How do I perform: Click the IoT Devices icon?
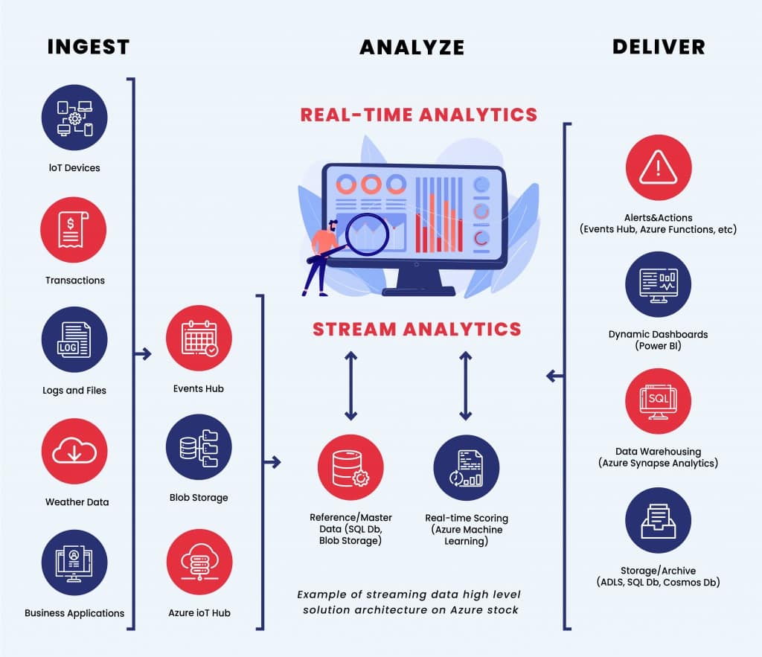tap(74, 118)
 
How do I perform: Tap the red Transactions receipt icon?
tap(74, 229)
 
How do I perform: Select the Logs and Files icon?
tap(74, 340)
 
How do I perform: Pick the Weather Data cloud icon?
tap(74, 452)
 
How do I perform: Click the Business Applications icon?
tap(74, 563)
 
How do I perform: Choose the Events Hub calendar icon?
tap(199, 339)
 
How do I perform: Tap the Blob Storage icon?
tap(199, 447)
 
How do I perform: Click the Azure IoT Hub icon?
tap(199, 563)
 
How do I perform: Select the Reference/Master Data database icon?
tap(350, 467)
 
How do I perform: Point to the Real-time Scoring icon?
tap(467, 467)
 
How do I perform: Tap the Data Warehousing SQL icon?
tap(659, 402)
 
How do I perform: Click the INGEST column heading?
tap(88, 47)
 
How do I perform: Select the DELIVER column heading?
tap(659, 47)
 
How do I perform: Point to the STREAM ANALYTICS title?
tap(417, 329)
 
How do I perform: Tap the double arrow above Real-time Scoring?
tap(466, 386)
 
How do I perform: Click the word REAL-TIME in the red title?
tap(355, 115)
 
